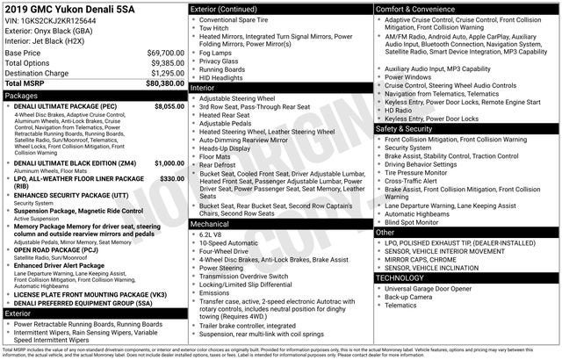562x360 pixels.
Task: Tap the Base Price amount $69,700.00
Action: (x=165, y=54)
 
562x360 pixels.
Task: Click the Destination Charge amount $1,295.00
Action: (x=167, y=73)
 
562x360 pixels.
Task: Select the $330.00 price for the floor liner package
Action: (x=171, y=178)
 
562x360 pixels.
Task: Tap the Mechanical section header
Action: (x=210, y=223)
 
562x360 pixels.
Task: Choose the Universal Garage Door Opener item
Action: (x=433, y=288)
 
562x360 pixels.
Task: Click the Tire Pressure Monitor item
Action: (x=423, y=172)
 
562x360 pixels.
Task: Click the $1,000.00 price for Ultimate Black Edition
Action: (x=169, y=162)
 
